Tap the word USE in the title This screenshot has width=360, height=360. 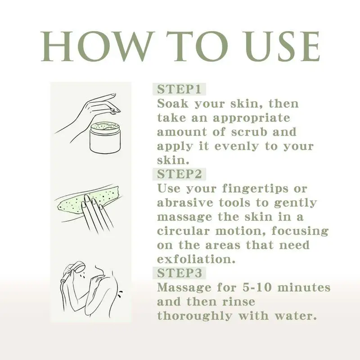click(283, 46)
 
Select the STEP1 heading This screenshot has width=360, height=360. click(179, 89)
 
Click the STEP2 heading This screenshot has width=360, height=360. click(179, 174)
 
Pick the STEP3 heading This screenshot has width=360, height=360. click(179, 273)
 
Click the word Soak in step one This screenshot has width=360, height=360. click(172, 103)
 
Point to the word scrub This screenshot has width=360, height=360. click(249, 132)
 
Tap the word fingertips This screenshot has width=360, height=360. click(255, 189)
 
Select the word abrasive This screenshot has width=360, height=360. click(185, 202)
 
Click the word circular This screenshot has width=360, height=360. click(183, 231)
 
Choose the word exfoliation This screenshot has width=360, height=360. click(196, 259)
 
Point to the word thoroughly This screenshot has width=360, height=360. click(194, 316)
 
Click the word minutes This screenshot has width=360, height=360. click(304, 287)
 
